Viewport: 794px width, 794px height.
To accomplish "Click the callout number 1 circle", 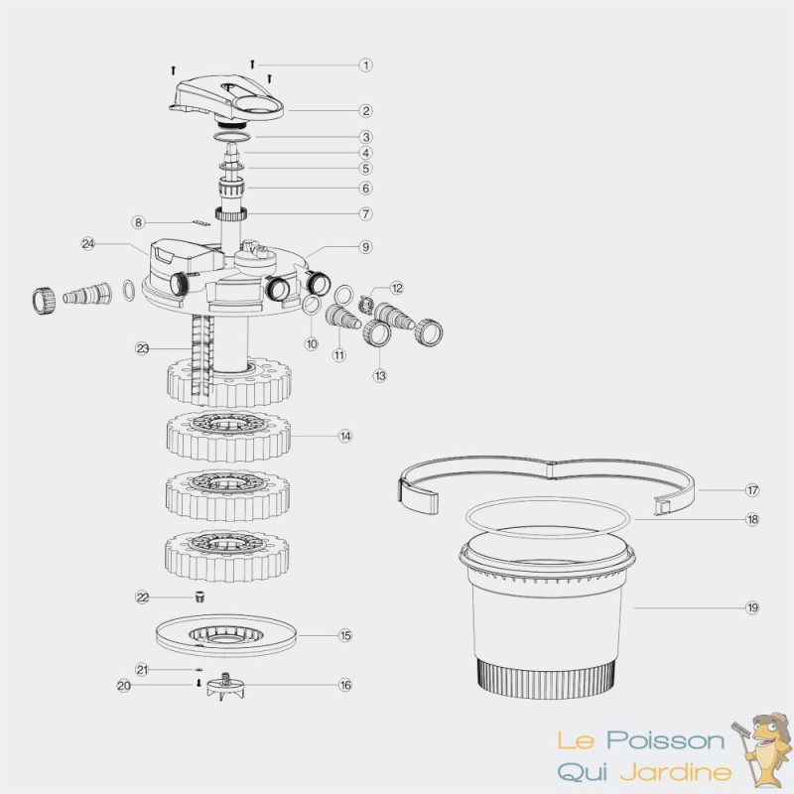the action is pos(365,66).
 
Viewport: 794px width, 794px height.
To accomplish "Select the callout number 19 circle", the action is pos(752,607).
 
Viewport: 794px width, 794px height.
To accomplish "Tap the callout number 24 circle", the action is pos(88,244).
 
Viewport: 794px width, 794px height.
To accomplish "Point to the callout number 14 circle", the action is pos(345,436).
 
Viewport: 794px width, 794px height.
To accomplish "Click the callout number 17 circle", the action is pos(752,490).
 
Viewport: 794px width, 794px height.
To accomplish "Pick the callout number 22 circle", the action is pos(142,597).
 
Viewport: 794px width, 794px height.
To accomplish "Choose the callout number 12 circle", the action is pos(396,288).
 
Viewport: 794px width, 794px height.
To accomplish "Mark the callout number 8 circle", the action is pos(138,222).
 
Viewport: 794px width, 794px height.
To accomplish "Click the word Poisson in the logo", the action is pos(665,740).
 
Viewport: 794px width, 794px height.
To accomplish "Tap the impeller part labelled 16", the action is pos(226,685).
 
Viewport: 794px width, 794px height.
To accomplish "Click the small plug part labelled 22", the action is pos(200,596).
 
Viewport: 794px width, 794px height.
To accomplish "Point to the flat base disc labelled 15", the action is pos(226,635).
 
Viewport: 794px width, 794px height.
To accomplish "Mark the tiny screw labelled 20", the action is pos(199,684).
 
